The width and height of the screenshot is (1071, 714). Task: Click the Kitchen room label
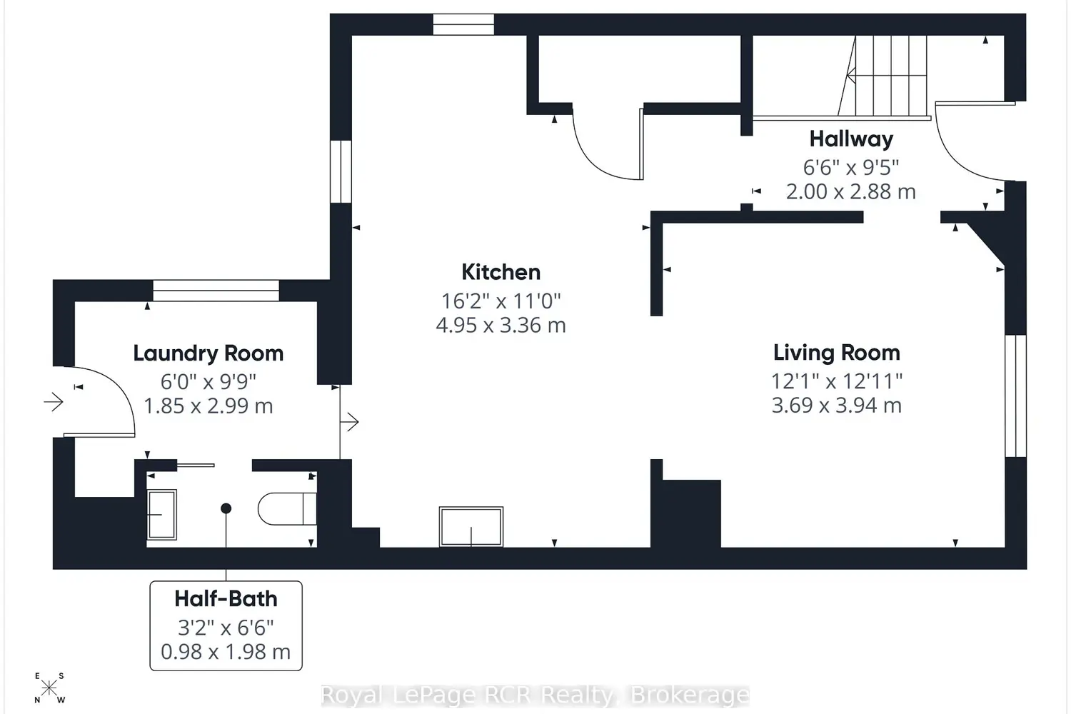[x=501, y=272]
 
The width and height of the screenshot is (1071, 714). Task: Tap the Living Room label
[x=837, y=353]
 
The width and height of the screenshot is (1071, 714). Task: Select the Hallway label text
[x=851, y=139]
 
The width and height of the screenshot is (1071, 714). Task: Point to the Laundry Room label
[x=208, y=354]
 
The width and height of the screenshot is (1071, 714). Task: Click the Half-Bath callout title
[x=226, y=599]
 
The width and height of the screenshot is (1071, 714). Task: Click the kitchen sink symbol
[x=471, y=526]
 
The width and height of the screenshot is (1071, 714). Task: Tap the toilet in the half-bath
[x=287, y=509]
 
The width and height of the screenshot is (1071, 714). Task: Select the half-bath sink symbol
[x=161, y=515]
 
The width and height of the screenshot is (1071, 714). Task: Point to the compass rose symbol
[x=49, y=688]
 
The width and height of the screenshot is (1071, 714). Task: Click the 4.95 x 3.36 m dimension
[x=501, y=325]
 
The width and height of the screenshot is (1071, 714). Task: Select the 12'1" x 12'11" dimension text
[x=837, y=381]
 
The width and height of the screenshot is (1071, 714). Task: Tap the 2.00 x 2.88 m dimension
[x=851, y=192]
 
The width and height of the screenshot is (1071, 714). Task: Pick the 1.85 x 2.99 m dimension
[x=208, y=406]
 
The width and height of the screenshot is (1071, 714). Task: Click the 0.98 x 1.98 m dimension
[x=226, y=652]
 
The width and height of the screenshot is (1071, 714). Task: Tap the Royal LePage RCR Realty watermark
[x=535, y=695]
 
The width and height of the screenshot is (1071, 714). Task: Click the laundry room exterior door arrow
[x=54, y=402]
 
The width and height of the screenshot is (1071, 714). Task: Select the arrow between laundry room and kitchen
[x=350, y=422]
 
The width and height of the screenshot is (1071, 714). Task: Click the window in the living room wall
[x=1015, y=396]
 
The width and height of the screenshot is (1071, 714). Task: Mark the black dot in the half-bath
[x=226, y=508]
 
